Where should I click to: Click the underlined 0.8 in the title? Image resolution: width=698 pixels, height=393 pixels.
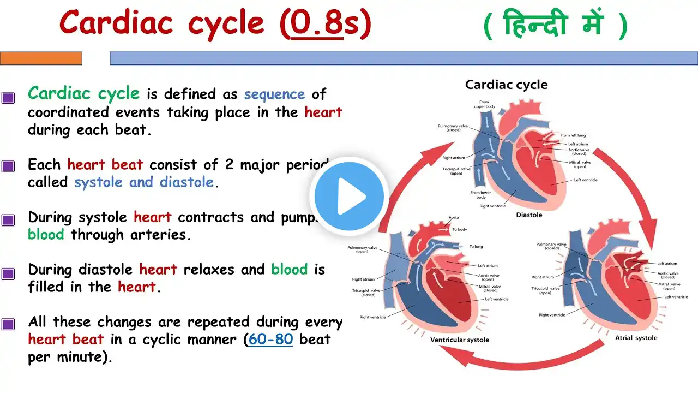point(316,23)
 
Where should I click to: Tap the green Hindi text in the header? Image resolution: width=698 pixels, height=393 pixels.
point(555,26)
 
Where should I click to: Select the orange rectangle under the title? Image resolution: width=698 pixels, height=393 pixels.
point(41,58)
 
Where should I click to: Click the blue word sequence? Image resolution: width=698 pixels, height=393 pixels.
point(274,94)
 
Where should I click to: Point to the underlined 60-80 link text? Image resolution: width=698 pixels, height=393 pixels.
point(270,340)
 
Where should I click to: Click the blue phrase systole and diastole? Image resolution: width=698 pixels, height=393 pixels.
point(145,182)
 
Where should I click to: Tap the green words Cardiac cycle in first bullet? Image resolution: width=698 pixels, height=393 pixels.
point(83,93)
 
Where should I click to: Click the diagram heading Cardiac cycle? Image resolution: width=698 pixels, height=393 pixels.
point(506,85)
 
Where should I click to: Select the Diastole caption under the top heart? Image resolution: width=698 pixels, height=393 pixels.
point(529,215)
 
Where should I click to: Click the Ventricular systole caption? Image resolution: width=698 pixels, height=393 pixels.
point(459,340)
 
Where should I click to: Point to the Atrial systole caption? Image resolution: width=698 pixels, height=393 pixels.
point(636,337)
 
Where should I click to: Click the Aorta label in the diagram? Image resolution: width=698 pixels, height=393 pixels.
point(454,217)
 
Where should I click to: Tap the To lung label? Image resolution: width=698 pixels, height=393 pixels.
point(476,247)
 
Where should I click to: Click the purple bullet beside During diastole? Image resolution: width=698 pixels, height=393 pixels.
point(8,274)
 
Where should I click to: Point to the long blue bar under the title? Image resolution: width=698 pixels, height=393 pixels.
point(404,58)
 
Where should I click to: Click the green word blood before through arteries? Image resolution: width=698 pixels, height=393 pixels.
point(46,235)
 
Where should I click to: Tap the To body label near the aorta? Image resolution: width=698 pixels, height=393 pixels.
point(460,229)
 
